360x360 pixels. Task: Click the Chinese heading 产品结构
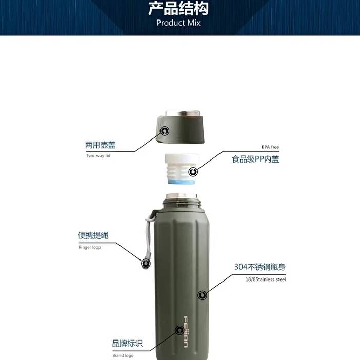pos(178,8)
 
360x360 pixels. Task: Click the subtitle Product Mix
pos(178,23)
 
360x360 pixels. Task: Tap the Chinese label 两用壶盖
pos(101,145)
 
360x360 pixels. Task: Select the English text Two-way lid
pos(98,156)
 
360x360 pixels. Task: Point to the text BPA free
pos(270,147)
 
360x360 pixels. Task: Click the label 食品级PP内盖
pos(255,159)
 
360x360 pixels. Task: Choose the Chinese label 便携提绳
pos(93,235)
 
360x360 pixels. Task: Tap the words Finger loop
pos(90,247)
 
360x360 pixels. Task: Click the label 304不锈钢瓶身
pos(260,267)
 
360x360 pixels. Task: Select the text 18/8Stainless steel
pos(266,279)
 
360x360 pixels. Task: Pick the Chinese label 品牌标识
pos(127,343)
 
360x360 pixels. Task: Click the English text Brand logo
pos(123,355)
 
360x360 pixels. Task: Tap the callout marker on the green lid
pos(165,131)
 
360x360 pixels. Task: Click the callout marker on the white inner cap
pos(193,171)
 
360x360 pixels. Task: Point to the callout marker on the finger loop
pos(146,263)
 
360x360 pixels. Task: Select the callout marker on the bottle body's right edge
pos(202,295)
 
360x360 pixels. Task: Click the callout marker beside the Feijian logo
pos(179,330)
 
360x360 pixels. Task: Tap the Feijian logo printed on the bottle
pos(186,332)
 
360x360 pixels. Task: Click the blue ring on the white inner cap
pos(182,182)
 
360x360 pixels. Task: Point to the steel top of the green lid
pos(184,113)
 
